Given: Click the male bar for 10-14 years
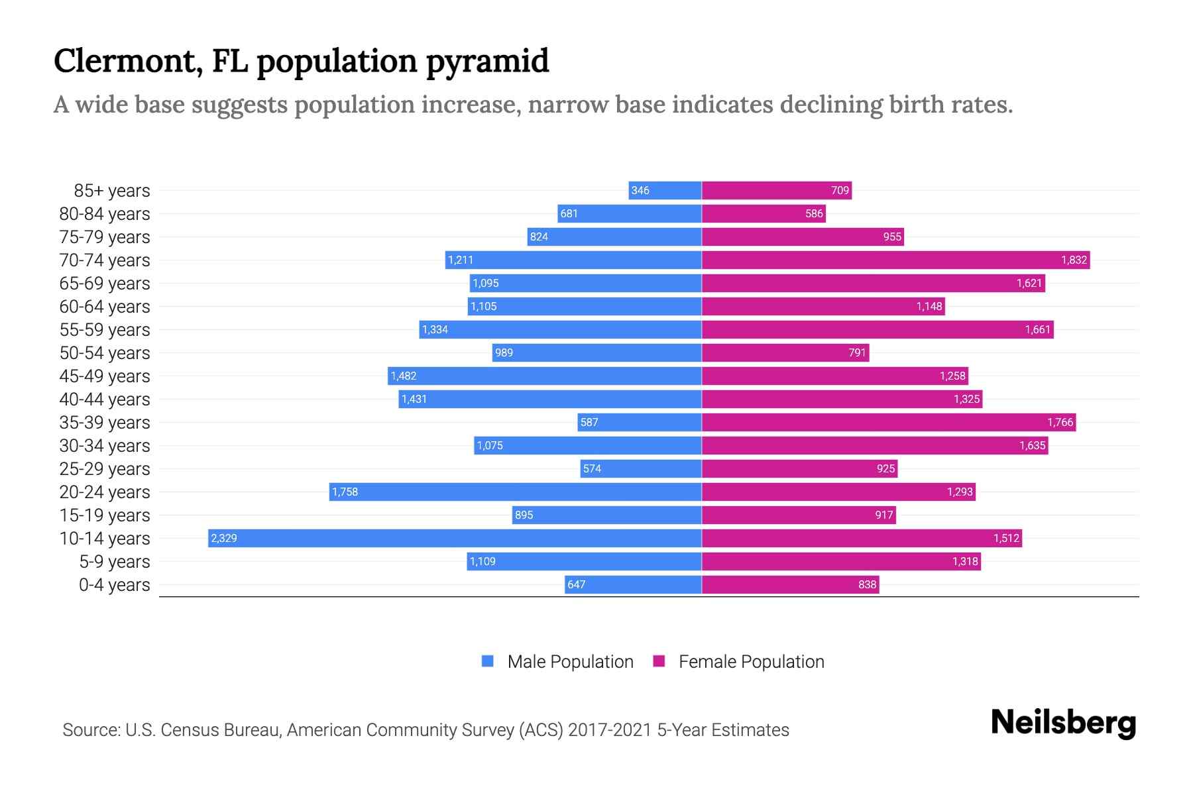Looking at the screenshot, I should click(x=455, y=538).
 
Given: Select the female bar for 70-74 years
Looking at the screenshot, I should click(x=895, y=260).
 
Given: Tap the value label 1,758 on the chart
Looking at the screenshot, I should click(x=345, y=492).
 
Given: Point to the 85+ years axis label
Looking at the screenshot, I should click(x=111, y=191).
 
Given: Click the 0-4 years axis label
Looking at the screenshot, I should click(x=114, y=585).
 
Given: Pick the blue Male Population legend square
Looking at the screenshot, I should click(x=488, y=661).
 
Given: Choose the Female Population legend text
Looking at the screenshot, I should click(x=751, y=661).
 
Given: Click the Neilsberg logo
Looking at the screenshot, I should click(x=1063, y=723).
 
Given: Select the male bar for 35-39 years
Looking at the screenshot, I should click(x=640, y=422).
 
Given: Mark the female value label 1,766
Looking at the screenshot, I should click(x=1060, y=422).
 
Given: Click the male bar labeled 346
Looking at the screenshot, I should click(x=665, y=190).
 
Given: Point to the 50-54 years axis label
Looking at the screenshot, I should click(x=105, y=353).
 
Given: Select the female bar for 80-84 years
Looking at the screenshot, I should click(x=764, y=213).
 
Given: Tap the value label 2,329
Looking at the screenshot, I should click(x=224, y=538).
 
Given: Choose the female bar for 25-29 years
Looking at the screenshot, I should click(x=799, y=468).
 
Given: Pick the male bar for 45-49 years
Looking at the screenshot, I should click(x=545, y=376).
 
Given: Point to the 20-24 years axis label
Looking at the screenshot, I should click(x=105, y=492).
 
